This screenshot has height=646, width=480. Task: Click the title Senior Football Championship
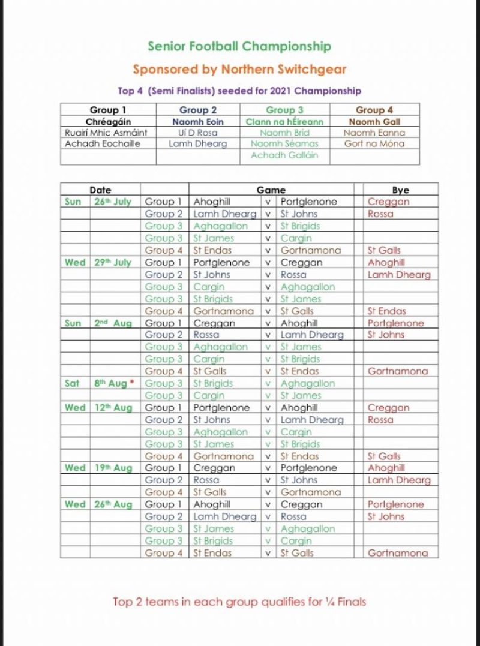(x=239, y=46)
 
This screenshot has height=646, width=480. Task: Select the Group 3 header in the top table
(x=284, y=110)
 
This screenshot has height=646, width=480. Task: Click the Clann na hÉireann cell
(x=284, y=121)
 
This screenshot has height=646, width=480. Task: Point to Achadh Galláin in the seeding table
(x=284, y=155)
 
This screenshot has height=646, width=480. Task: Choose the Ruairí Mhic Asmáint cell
(x=108, y=133)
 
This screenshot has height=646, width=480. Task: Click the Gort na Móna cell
(x=374, y=144)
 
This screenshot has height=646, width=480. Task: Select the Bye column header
(x=400, y=190)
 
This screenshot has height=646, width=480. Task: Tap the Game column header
(x=271, y=190)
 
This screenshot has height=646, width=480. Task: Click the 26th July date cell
(x=113, y=202)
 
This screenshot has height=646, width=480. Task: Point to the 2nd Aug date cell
(x=113, y=323)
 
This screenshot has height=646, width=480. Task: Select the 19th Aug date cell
(x=113, y=468)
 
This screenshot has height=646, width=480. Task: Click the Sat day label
(x=72, y=383)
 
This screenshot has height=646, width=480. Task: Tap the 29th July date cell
(x=113, y=262)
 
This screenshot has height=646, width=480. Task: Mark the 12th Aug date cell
(x=113, y=408)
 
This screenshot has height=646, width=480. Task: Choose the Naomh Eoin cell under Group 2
(x=198, y=121)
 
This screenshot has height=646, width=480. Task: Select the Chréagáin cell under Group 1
(x=108, y=121)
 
